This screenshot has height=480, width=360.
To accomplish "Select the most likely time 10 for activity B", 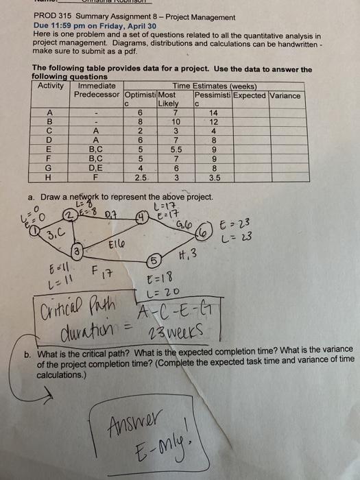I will tap(176, 121).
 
